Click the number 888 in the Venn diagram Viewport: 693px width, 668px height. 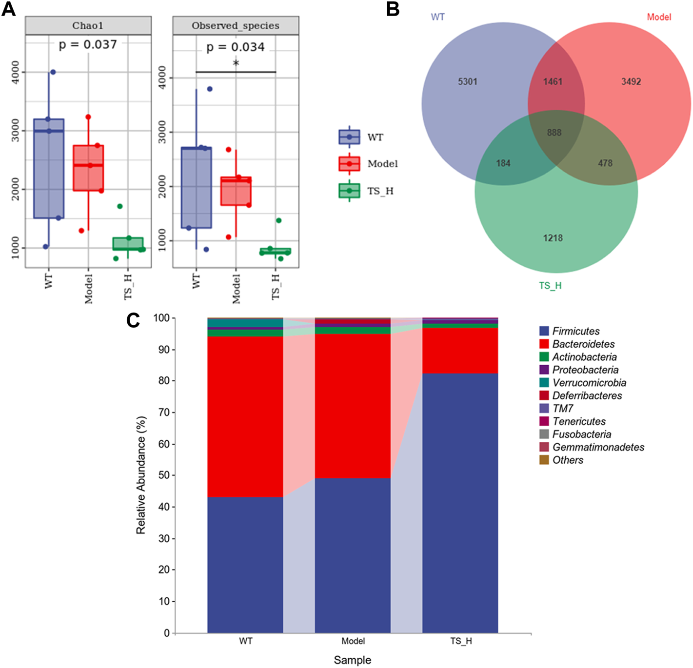tap(554, 133)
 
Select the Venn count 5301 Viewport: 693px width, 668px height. tap(467, 82)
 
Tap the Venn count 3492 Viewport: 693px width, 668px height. tap(631, 82)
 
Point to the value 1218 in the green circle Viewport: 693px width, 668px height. tap(553, 238)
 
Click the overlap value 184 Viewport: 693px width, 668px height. tap(503, 163)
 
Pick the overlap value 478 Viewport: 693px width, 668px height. tap(605, 163)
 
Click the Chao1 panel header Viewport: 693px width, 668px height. tap(88, 26)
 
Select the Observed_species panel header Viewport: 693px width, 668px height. tap(236, 26)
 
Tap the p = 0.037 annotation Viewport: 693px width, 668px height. tap(88, 45)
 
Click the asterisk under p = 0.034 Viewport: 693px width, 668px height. tap(236, 64)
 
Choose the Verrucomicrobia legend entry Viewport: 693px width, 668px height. tap(589, 383)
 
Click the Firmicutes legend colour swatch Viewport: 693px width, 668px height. tap(544, 331)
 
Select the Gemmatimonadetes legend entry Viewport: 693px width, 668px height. tap(598, 447)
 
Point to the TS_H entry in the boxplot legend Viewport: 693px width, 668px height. tap(380, 191)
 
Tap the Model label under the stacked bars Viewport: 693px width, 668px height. tap(353, 641)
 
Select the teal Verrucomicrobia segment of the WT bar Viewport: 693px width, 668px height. tap(245, 323)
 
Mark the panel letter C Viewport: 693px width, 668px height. tap(133, 320)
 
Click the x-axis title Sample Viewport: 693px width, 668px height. tap(352, 660)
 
